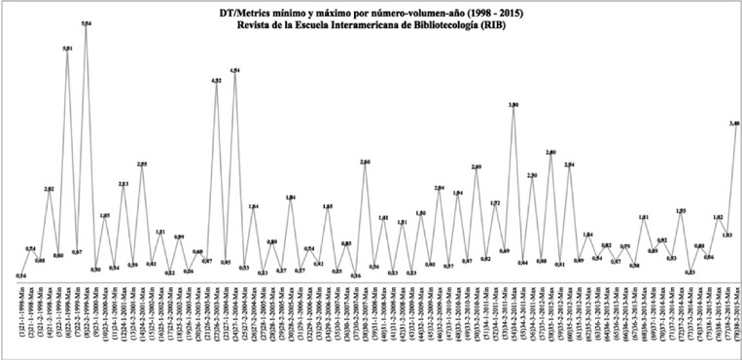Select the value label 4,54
234,71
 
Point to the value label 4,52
216,80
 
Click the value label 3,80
512,103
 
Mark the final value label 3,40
735,124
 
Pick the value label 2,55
142,164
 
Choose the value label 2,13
124,184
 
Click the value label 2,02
50,188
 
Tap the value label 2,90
531,175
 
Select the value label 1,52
494,203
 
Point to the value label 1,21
160,232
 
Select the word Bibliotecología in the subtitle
442,26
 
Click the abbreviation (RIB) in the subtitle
492,26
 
